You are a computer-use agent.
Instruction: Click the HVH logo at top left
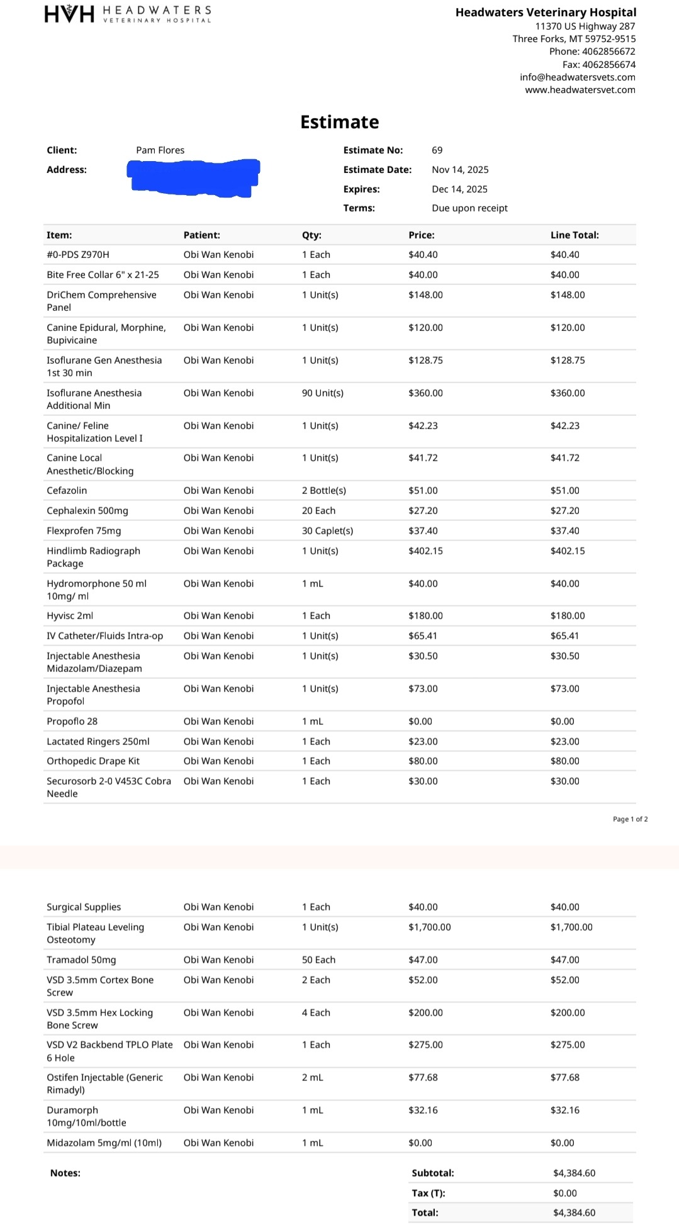[x=69, y=14]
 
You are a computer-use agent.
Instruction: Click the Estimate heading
[x=339, y=122]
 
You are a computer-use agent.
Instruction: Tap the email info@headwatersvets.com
[x=577, y=77]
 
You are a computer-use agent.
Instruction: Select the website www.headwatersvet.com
[x=580, y=90]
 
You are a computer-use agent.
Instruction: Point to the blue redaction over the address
[x=194, y=177]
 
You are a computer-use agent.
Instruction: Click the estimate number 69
[x=437, y=150]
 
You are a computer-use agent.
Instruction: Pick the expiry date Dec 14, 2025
[x=459, y=189]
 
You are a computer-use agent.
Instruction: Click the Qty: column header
[x=311, y=235]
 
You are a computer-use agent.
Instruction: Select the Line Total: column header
[x=575, y=235]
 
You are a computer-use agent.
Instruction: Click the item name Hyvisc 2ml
[x=70, y=616]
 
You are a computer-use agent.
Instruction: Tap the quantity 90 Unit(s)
[x=323, y=393]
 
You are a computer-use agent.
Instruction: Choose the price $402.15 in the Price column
[x=425, y=551]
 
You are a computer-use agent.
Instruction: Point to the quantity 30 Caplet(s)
[x=327, y=531]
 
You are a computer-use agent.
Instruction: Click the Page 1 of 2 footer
[x=630, y=819]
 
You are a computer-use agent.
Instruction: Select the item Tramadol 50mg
[x=81, y=960]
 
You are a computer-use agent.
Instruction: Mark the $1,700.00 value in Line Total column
[x=571, y=927]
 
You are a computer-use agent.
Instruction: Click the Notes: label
[x=65, y=1173]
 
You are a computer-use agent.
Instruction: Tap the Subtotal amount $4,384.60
[x=574, y=1173]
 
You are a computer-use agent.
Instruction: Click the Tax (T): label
[x=429, y=1194]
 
